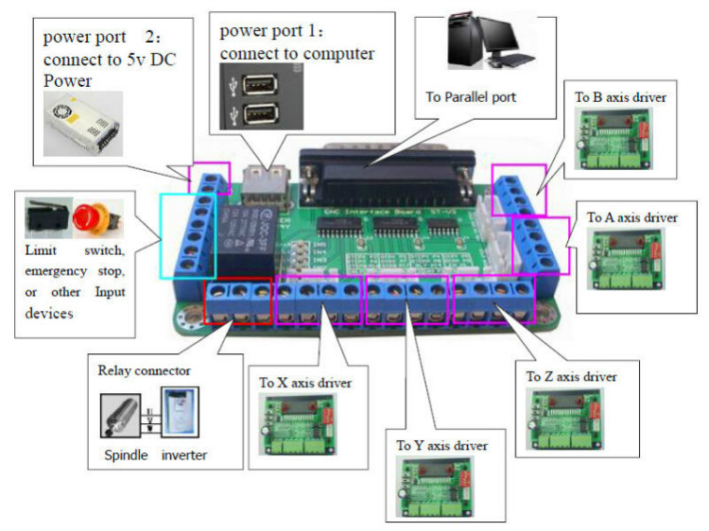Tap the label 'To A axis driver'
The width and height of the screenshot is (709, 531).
click(x=631, y=217)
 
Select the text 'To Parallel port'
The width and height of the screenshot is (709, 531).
click(x=471, y=96)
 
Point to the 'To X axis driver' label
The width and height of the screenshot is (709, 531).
click(x=305, y=383)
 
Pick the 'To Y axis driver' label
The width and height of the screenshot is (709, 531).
click(x=441, y=445)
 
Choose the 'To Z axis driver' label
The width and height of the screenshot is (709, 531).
click(x=571, y=377)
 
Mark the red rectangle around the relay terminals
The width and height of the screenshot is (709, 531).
click(x=238, y=300)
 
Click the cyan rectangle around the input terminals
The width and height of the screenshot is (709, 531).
click(x=193, y=234)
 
